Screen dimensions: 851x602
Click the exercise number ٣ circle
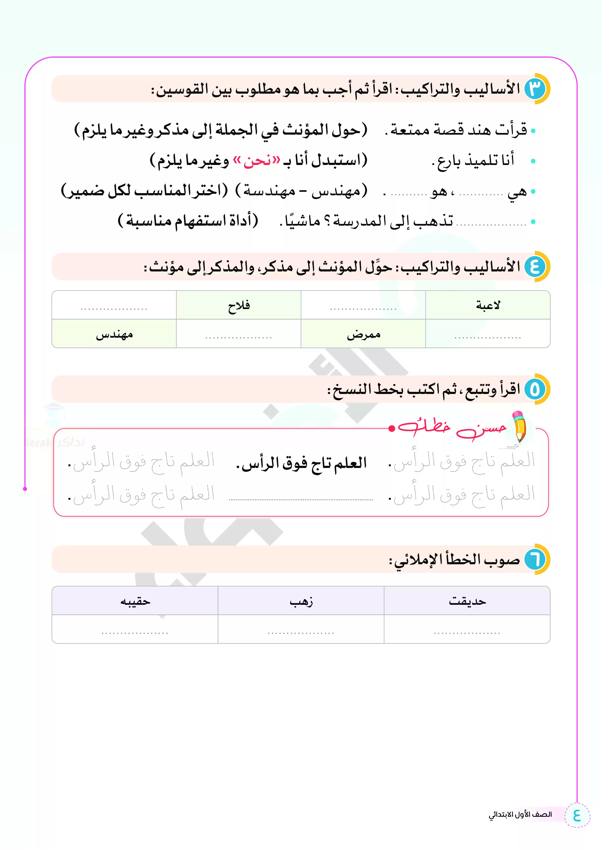(535, 89)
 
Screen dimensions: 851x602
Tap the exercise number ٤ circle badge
(535, 267)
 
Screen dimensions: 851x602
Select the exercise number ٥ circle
(535, 389)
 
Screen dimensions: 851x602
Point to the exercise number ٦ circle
(535, 559)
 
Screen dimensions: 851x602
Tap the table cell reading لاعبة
(488, 305)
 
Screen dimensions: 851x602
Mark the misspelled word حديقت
(467, 601)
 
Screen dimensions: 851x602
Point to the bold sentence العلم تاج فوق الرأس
(301, 463)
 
